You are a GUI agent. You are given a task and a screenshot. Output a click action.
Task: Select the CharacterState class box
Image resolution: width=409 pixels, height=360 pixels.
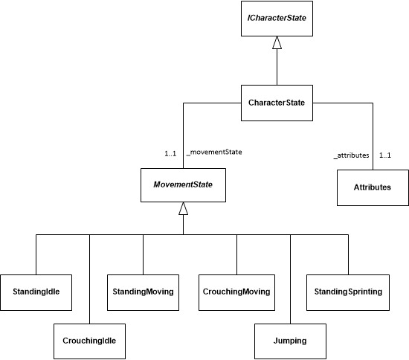[277, 102]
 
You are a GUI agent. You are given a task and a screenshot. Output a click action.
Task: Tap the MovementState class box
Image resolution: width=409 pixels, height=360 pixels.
[183, 183]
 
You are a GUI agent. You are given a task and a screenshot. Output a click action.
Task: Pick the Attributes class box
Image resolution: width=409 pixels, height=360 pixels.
[372, 187]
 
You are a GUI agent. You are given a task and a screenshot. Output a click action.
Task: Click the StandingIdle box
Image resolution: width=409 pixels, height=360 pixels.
[36, 292]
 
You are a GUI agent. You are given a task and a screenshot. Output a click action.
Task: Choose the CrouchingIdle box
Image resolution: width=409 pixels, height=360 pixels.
[89, 341]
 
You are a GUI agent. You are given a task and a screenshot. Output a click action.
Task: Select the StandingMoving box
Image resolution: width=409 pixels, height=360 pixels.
[143, 292]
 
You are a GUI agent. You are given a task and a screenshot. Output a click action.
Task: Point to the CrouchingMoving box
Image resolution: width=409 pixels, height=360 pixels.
[236, 292]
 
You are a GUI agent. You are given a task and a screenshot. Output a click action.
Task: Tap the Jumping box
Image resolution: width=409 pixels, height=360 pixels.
[290, 341]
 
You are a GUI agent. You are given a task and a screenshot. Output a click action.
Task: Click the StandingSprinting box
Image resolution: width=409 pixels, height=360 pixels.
[345, 292]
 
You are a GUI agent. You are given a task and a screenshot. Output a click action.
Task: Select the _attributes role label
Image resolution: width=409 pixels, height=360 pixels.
[351, 156]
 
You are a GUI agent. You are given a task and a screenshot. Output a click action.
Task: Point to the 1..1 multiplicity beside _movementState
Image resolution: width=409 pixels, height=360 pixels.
[170, 154]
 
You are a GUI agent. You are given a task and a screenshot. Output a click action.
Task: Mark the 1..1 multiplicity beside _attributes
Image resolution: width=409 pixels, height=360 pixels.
[385, 156]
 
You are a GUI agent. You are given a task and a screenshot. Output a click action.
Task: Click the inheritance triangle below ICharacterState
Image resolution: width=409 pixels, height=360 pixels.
[277, 47]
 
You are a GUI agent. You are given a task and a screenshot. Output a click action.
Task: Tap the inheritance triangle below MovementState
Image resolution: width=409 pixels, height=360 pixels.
[183, 209]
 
